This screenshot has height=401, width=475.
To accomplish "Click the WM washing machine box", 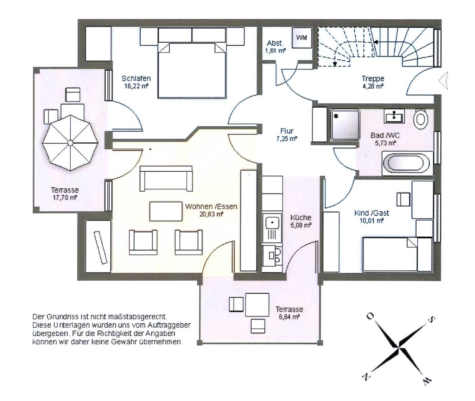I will point(301,38).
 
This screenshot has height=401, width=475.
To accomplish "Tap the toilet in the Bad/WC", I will point(421,118).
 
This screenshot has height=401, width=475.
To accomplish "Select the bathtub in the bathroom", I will point(407,163).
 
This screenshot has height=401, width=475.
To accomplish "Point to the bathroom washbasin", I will point(394,115).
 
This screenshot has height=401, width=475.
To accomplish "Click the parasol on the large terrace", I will point(70,143).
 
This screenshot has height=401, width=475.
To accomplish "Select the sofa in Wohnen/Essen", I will point(166,178).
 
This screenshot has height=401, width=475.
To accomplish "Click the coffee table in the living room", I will point(166,212).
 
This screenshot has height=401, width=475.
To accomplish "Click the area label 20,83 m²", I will point(211,214).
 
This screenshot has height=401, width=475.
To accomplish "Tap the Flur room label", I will point(287,131).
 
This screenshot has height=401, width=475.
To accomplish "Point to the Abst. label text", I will point(275,43).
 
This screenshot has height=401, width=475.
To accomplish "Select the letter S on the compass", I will point(432,319).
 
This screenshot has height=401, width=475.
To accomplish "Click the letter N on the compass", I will point(366,377).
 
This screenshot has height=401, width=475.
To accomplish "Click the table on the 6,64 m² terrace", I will point(257,305).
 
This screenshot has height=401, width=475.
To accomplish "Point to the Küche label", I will point(301,218).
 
